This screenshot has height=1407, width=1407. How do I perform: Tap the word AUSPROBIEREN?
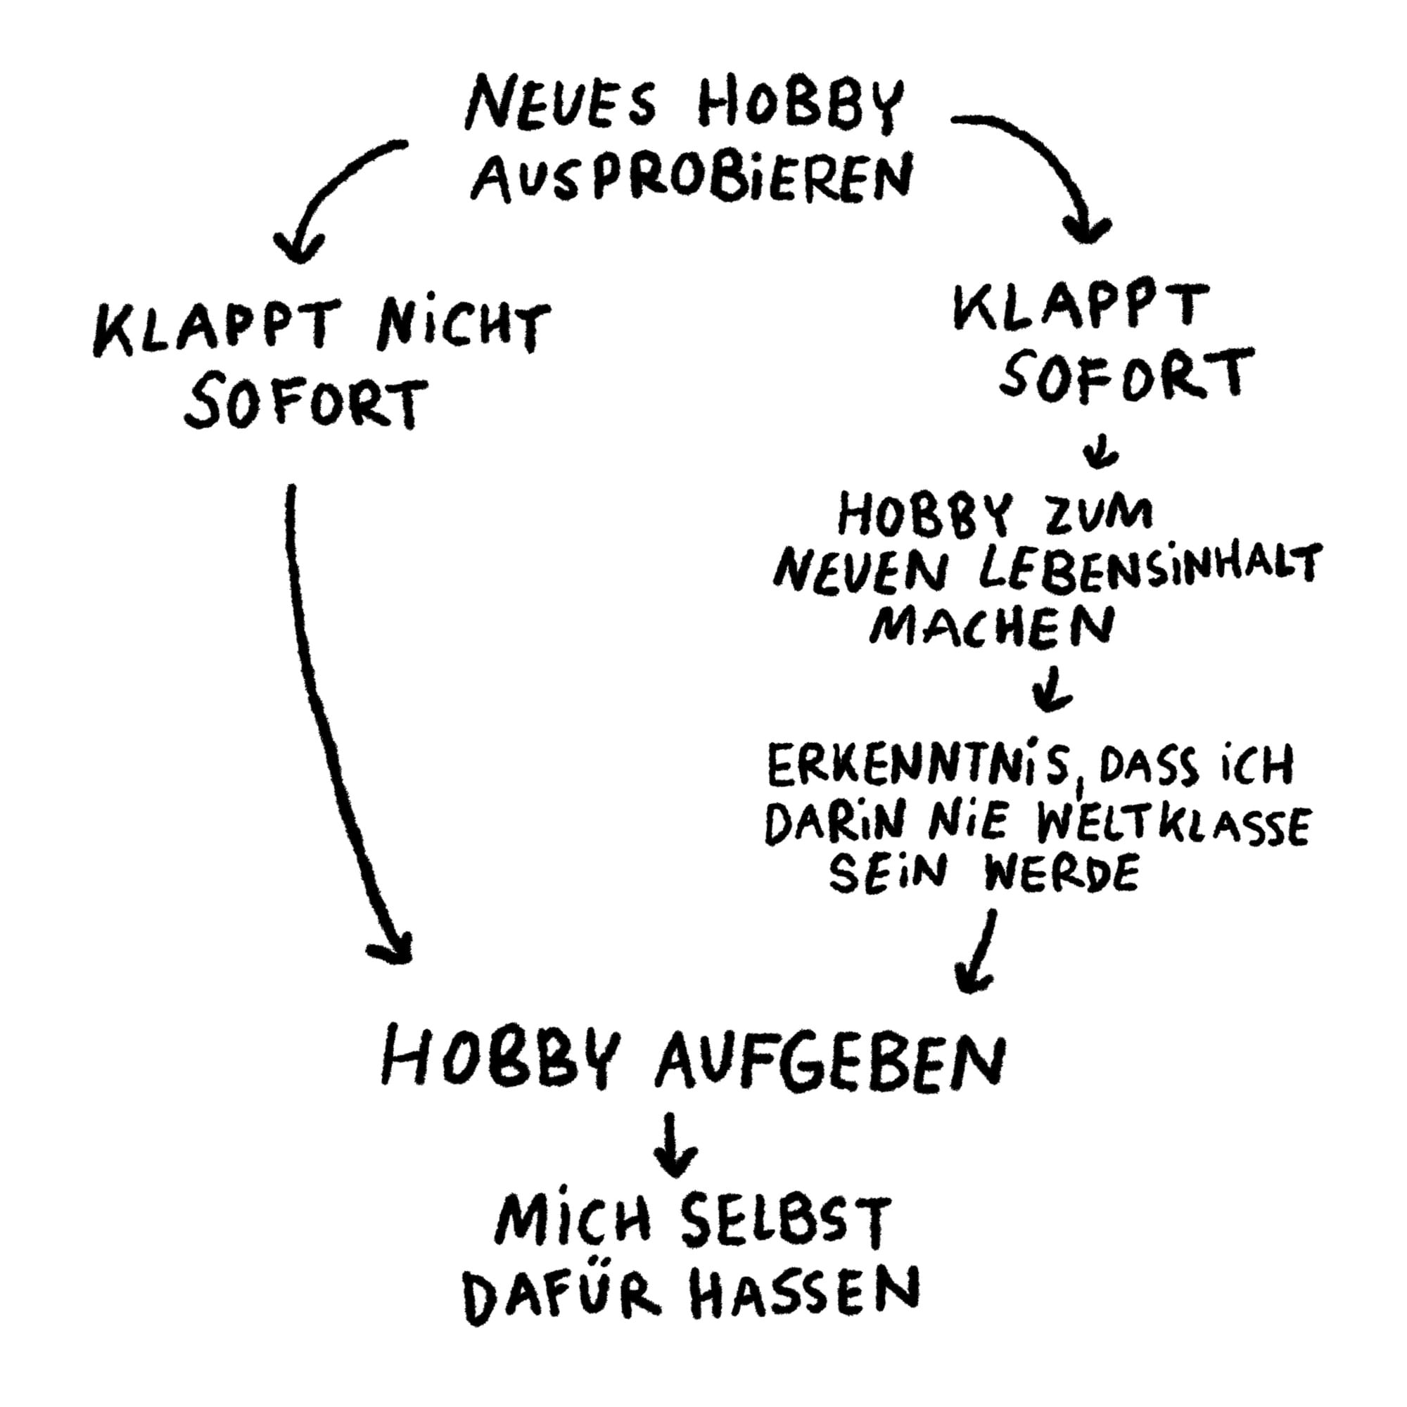pos(690,178)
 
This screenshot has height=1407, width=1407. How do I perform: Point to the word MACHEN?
pos(992,626)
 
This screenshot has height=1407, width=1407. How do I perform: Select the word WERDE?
pos(1060,876)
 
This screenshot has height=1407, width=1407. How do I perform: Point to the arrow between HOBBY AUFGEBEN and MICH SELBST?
pos(675,1143)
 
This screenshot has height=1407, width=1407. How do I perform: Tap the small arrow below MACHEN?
pos(1051,689)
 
